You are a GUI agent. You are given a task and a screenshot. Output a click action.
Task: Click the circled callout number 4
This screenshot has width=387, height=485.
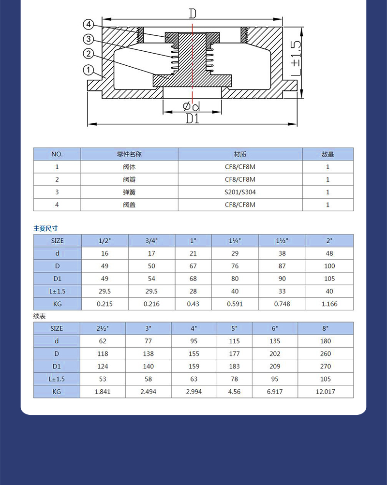point(88,24)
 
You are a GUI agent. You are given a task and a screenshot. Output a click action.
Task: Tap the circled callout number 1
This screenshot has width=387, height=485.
point(88,70)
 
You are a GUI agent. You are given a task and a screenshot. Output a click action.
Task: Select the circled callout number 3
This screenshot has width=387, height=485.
point(88,39)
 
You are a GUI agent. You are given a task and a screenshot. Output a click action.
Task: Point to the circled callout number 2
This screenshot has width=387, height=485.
point(88,54)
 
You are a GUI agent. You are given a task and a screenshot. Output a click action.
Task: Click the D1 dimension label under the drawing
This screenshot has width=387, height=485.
point(193,118)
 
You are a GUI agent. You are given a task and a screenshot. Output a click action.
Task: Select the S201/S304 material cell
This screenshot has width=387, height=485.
point(240,192)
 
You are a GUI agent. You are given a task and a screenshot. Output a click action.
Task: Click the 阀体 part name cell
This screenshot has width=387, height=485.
point(129,167)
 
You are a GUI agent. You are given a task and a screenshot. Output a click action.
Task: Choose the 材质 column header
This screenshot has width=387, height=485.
point(240,154)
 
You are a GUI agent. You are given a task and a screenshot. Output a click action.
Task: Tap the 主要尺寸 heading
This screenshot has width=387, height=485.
point(45,228)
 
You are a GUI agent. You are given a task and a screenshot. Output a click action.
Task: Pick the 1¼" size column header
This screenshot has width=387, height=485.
point(235,240)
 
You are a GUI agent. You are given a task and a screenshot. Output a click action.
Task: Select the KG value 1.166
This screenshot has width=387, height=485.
point(330,304)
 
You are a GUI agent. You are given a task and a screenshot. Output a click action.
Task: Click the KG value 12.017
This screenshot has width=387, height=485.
point(326,391)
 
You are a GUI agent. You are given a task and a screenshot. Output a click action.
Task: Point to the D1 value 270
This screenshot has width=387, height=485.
point(326,367)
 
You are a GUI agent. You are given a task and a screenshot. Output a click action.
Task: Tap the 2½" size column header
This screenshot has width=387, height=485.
point(103,328)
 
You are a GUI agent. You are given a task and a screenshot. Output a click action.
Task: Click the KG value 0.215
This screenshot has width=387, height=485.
point(105,304)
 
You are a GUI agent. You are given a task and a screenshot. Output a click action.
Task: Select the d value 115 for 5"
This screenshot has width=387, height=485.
point(235,341)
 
